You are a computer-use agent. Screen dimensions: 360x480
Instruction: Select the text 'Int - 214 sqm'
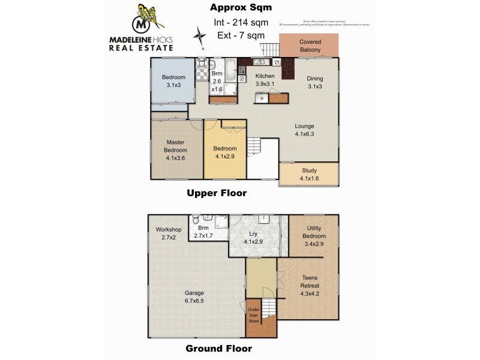coord(241,23)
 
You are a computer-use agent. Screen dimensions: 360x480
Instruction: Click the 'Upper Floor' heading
coord(217,193)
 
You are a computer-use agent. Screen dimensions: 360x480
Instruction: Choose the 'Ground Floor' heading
coord(218,348)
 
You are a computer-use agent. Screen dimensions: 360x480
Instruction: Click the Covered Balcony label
coord(310,46)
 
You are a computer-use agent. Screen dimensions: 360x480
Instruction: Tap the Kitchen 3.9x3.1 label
coord(265,80)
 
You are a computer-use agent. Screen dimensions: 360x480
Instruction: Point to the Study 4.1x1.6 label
coord(309,174)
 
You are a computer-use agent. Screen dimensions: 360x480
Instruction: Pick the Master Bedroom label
coord(176,150)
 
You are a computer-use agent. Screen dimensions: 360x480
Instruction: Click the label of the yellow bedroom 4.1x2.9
coord(226,152)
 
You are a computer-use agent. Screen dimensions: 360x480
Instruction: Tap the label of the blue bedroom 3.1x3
coord(173,81)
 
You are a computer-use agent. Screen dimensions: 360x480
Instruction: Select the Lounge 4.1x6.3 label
coord(305,130)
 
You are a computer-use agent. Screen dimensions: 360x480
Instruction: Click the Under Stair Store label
coord(254,315)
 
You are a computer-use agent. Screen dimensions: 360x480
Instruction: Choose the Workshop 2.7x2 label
coord(168,233)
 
